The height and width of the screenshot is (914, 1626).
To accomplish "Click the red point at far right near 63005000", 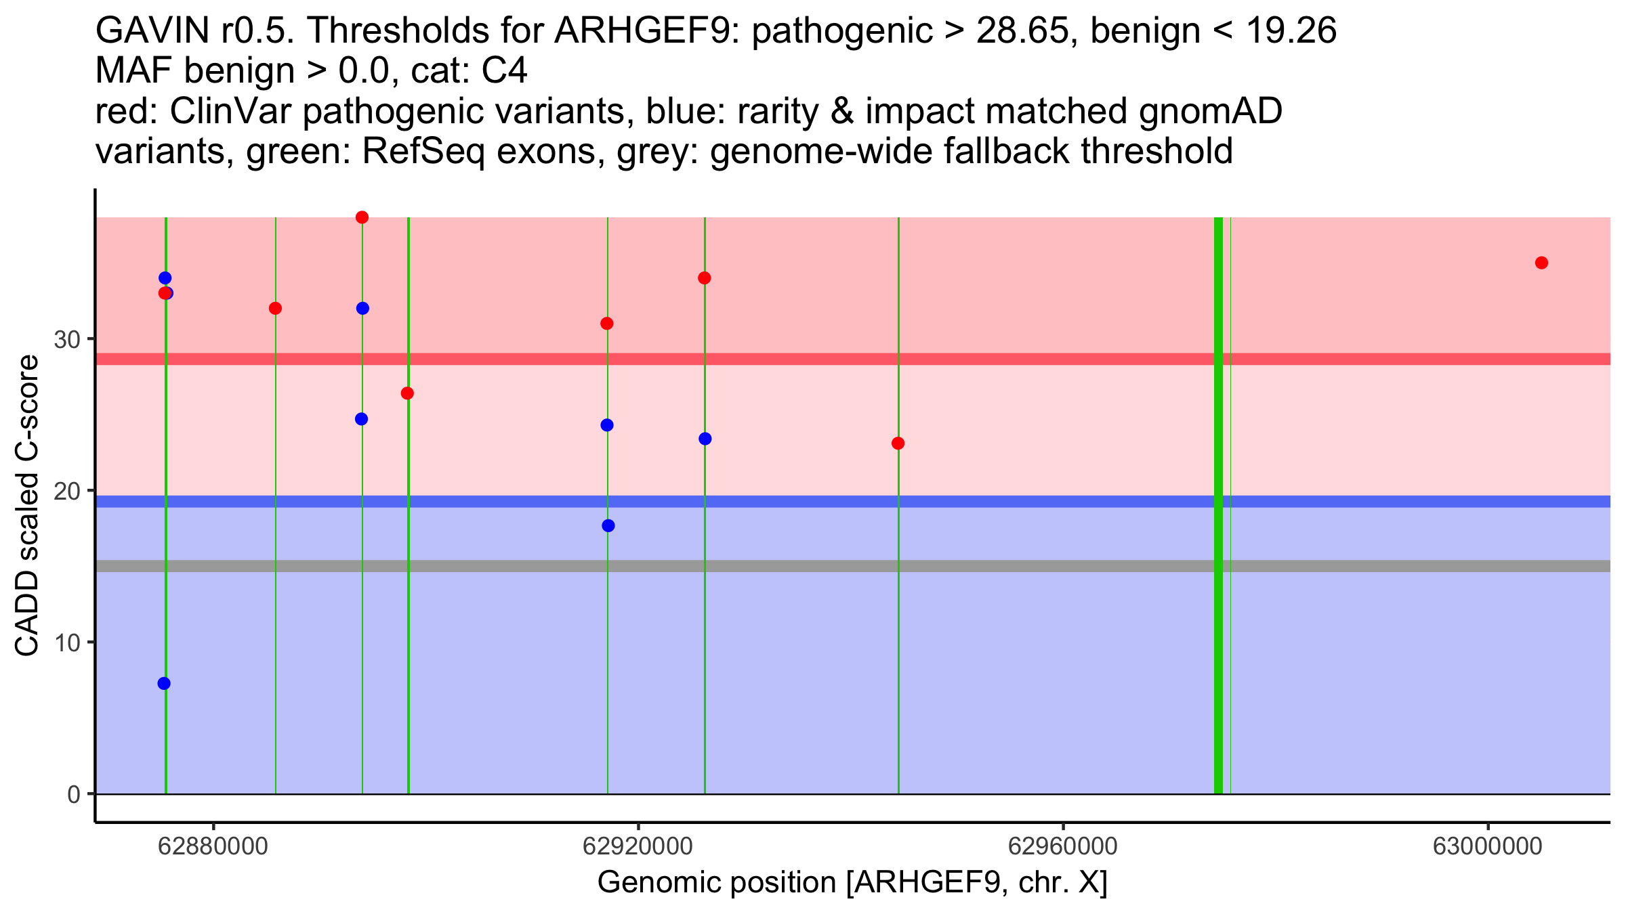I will coord(1541,263).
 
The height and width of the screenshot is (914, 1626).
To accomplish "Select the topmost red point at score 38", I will coord(362,217).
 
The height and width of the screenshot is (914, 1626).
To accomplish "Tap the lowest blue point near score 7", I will coord(164,683).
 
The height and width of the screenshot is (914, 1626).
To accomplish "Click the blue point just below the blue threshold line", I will coord(608,525).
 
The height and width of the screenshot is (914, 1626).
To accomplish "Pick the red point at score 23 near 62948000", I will coord(898,443).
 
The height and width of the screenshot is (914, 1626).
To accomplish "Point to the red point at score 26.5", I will coord(407,393).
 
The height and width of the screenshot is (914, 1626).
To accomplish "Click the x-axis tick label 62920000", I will coord(638,847).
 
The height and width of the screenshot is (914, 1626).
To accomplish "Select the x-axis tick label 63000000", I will coord(1487,847).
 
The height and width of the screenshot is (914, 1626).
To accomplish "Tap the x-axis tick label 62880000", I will coord(213,847).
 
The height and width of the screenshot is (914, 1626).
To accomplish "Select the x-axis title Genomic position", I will coord(852,883).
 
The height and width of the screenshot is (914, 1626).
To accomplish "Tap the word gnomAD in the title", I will coord(1210,112).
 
